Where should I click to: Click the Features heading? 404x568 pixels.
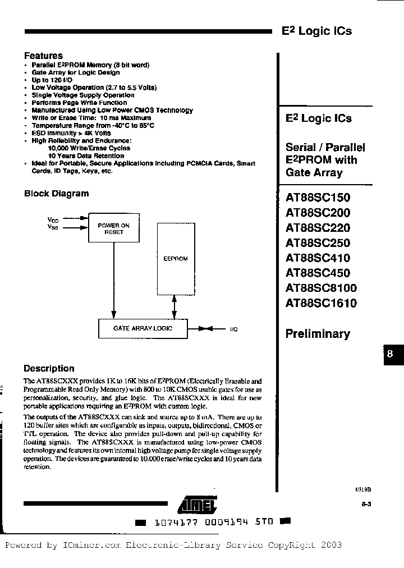(x=43, y=56)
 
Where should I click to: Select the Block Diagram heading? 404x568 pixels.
(x=56, y=194)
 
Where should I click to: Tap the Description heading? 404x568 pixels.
(x=49, y=369)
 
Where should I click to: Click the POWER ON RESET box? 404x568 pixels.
(x=114, y=228)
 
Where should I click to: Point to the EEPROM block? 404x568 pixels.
(x=175, y=258)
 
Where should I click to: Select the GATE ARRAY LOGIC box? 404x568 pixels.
(x=143, y=328)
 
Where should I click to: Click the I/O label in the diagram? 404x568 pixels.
(x=233, y=329)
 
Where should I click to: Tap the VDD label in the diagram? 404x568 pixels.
(x=52, y=221)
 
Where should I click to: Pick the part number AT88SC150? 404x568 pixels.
(x=318, y=198)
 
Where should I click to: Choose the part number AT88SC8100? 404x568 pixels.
(x=321, y=288)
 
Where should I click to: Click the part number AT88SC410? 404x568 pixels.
(x=318, y=258)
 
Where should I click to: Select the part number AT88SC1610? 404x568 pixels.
(x=321, y=304)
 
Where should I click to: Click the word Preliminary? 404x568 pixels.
(x=318, y=334)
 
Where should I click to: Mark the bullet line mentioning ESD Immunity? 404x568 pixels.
(x=71, y=133)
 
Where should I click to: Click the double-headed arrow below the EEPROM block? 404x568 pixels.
(x=175, y=308)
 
